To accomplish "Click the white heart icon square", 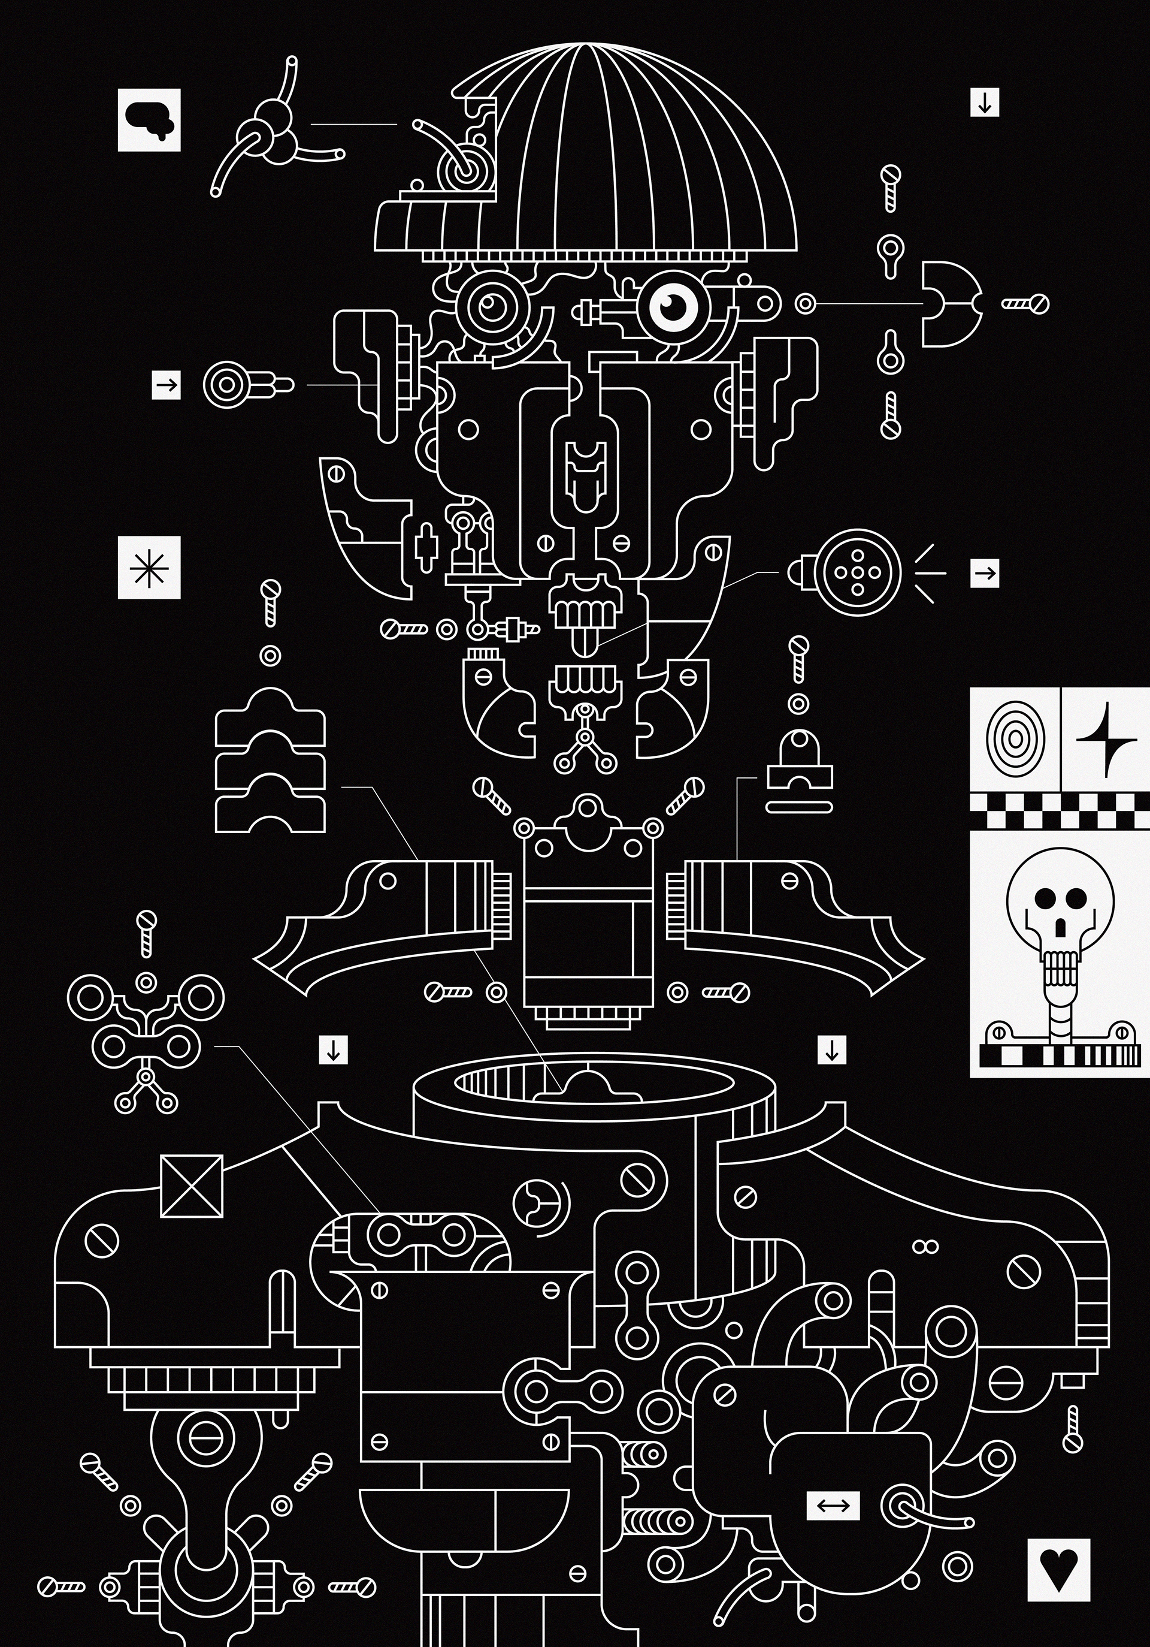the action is tap(1058, 1574).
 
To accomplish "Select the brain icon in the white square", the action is tap(149, 120).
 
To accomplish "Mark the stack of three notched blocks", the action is tap(270, 761).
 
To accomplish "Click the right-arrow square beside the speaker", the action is tap(984, 573).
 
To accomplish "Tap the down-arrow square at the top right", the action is tap(984, 102).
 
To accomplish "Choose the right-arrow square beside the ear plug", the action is tap(167, 386).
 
